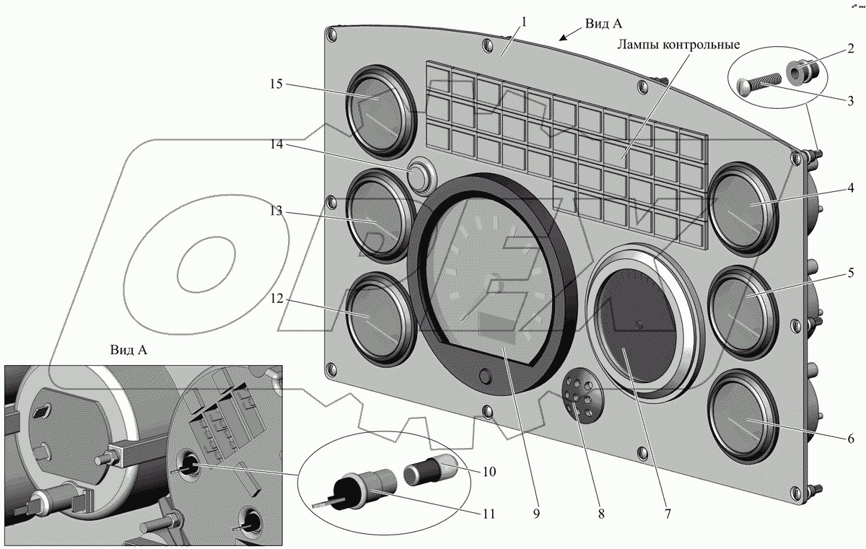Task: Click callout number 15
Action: click(x=276, y=84)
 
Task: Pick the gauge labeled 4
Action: click(x=743, y=209)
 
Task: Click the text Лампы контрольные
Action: click(x=678, y=45)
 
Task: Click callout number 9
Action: click(x=536, y=514)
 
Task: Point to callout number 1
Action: click(x=525, y=22)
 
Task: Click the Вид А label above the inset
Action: click(x=129, y=351)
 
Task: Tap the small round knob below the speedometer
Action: click(x=485, y=377)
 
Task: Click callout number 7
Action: click(x=668, y=514)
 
